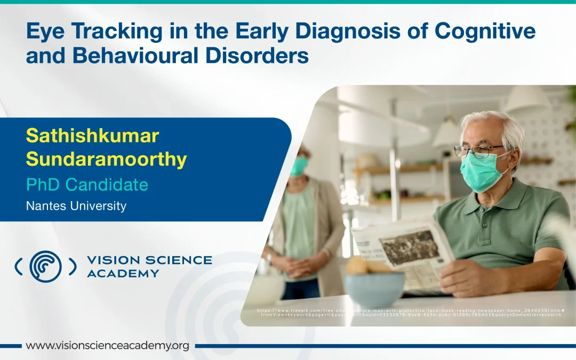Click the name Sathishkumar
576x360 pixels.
[92, 135]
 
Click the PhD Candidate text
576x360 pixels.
[87, 185]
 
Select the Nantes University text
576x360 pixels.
[76, 206]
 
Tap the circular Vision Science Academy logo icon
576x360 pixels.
[45, 266]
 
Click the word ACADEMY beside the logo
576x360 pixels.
[123, 274]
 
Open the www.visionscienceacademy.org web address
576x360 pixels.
[107, 346]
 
